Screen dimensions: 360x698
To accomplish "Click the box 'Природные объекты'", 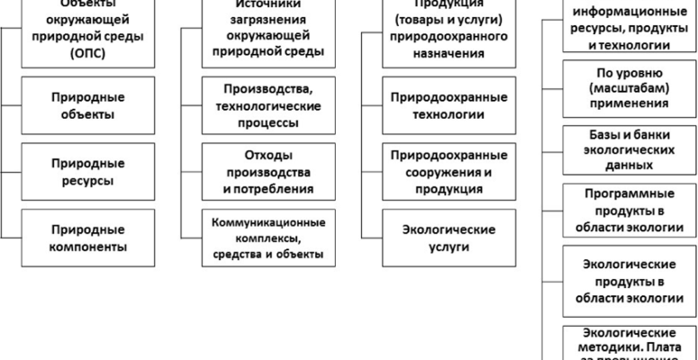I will [74, 105].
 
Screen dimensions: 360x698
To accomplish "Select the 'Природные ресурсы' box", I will [74, 172].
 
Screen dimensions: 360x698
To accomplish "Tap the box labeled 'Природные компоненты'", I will [74, 237].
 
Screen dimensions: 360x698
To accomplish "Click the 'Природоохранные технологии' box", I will [439, 105].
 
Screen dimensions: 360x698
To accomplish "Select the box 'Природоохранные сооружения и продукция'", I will [439, 172].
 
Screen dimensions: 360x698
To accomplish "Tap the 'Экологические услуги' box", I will [439, 237].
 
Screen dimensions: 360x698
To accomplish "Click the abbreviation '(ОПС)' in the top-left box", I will [74, 52].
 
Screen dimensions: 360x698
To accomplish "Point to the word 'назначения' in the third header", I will [439, 53].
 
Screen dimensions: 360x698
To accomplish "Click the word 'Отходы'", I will [268, 156].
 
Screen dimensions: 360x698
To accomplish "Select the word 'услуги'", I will [439, 246].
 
